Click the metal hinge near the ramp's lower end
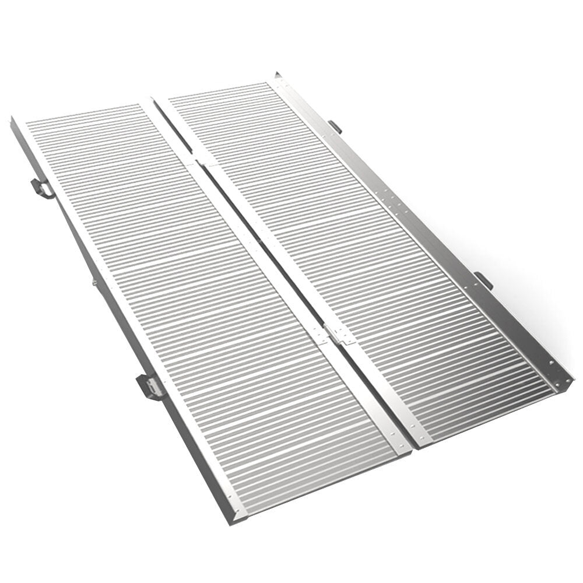pos(338,335)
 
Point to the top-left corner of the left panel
pos(13,120)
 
